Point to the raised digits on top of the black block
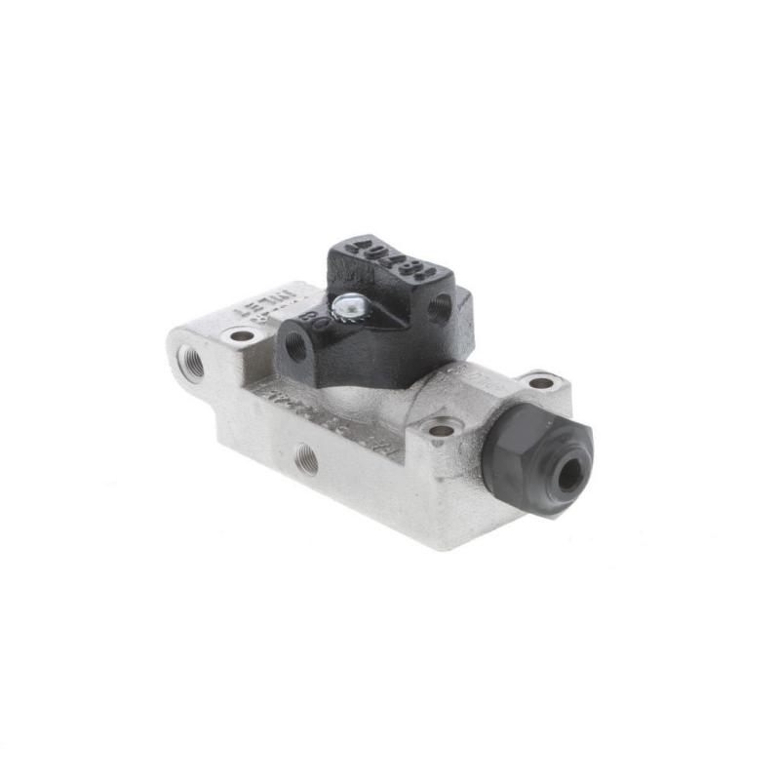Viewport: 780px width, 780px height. [x=389, y=255]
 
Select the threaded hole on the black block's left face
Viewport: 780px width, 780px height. [x=294, y=345]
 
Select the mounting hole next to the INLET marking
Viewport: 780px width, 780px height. [x=241, y=335]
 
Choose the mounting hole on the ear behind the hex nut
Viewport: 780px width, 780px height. [x=541, y=382]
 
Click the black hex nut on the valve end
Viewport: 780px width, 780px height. [x=536, y=455]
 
